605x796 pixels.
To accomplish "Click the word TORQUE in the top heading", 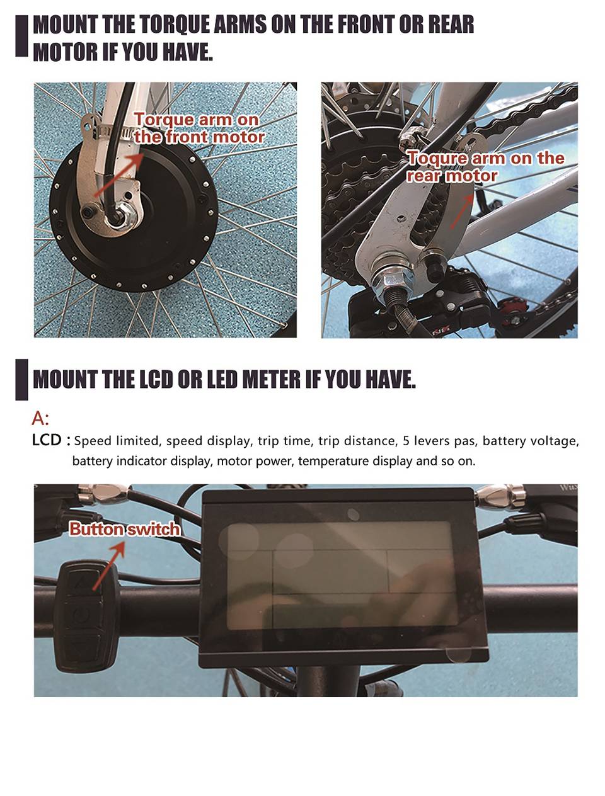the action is click(175, 25).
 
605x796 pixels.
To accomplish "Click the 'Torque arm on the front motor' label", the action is click(199, 128).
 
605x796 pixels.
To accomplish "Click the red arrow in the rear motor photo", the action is click(462, 211).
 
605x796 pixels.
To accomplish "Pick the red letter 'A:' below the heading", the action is click(40, 418).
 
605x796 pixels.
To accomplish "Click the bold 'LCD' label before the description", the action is click(47, 440).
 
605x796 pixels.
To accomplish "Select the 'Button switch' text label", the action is click(125, 529).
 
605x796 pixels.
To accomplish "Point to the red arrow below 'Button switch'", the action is click(108, 566).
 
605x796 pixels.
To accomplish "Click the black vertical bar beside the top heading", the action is click(21, 35).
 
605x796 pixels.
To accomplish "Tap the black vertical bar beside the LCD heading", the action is click(21, 379).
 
